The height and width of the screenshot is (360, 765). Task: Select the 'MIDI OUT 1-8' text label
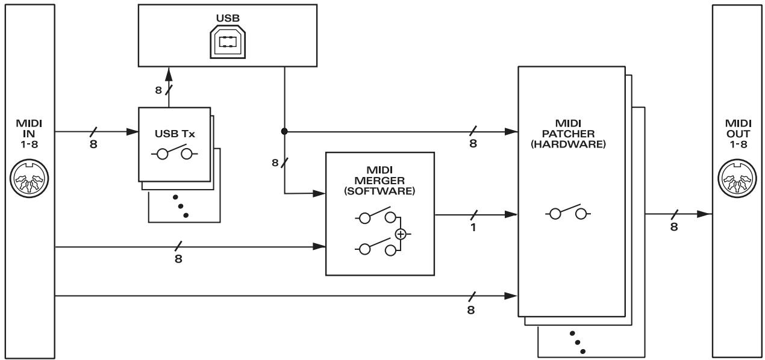(737, 134)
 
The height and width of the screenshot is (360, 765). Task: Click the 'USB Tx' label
(174, 132)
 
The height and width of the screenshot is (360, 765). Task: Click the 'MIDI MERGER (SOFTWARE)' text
(379, 181)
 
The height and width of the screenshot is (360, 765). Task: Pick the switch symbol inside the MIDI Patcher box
(568, 214)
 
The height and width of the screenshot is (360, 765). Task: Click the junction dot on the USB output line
(284, 130)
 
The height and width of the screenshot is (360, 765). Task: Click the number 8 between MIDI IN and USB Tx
(93, 145)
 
